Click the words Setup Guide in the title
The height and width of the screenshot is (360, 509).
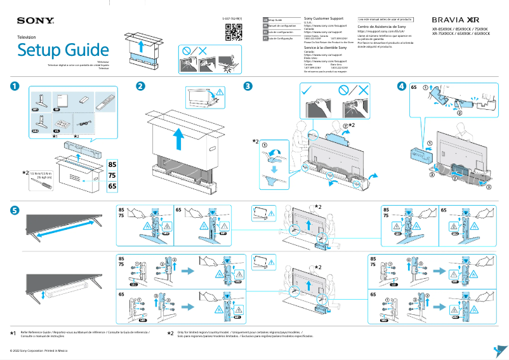coord(63,50)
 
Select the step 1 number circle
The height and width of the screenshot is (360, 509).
coord(15,87)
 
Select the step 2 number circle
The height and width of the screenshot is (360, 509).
coord(140,87)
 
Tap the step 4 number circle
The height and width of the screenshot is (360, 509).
coord(401,87)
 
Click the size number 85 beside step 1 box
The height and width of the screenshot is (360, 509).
coord(112,165)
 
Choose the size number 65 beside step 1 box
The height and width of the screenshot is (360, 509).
coord(112,187)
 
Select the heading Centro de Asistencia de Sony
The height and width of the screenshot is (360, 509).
coord(381,27)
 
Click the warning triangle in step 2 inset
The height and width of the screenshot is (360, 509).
coord(220,93)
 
